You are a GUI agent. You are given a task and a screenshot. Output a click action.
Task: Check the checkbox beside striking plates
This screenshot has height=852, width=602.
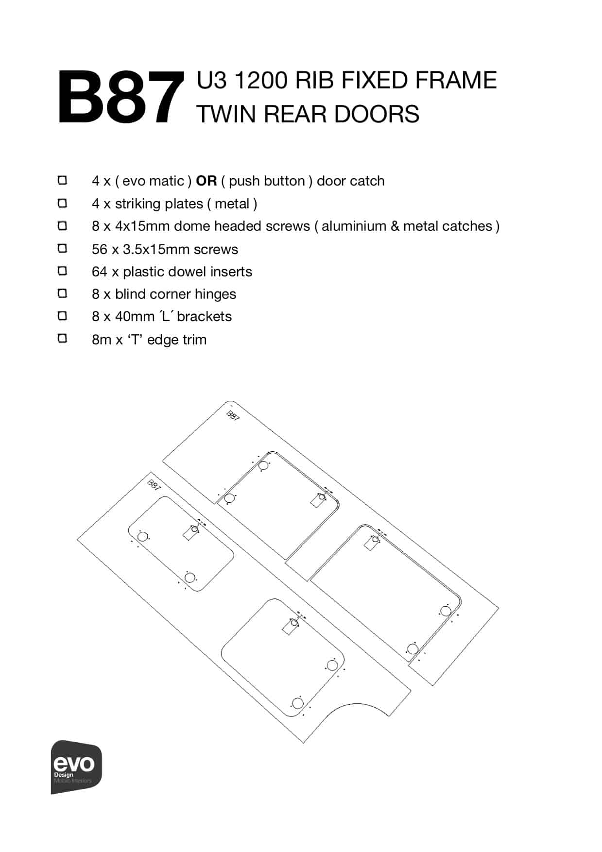click(x=62, y=203)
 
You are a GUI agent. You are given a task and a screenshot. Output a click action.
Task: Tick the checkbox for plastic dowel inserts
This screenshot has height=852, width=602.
click(x=62, y=271)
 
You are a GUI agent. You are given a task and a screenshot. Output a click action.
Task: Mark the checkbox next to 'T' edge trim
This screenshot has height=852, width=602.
click(x=62, y=338)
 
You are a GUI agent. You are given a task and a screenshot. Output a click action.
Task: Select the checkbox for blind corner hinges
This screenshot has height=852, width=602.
click(x=62, y=293)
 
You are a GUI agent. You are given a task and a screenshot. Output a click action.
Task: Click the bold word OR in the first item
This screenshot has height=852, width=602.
click(x=206, y=181)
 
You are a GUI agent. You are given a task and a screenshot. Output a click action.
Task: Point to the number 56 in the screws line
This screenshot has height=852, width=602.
click(x=99, y=249)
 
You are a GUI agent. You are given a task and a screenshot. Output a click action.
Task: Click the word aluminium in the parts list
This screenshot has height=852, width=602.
click(x=353, y=226)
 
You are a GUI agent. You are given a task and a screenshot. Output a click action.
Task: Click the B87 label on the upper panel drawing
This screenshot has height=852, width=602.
click(x=233, y=416)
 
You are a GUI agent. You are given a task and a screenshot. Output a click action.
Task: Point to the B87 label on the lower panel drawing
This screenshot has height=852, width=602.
click(x=154, y=485)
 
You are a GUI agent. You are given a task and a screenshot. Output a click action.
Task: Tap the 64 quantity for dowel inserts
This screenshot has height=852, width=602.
click(x=99, y=272)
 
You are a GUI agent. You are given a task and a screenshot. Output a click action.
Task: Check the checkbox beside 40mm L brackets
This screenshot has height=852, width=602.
click(x=62, y=316)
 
